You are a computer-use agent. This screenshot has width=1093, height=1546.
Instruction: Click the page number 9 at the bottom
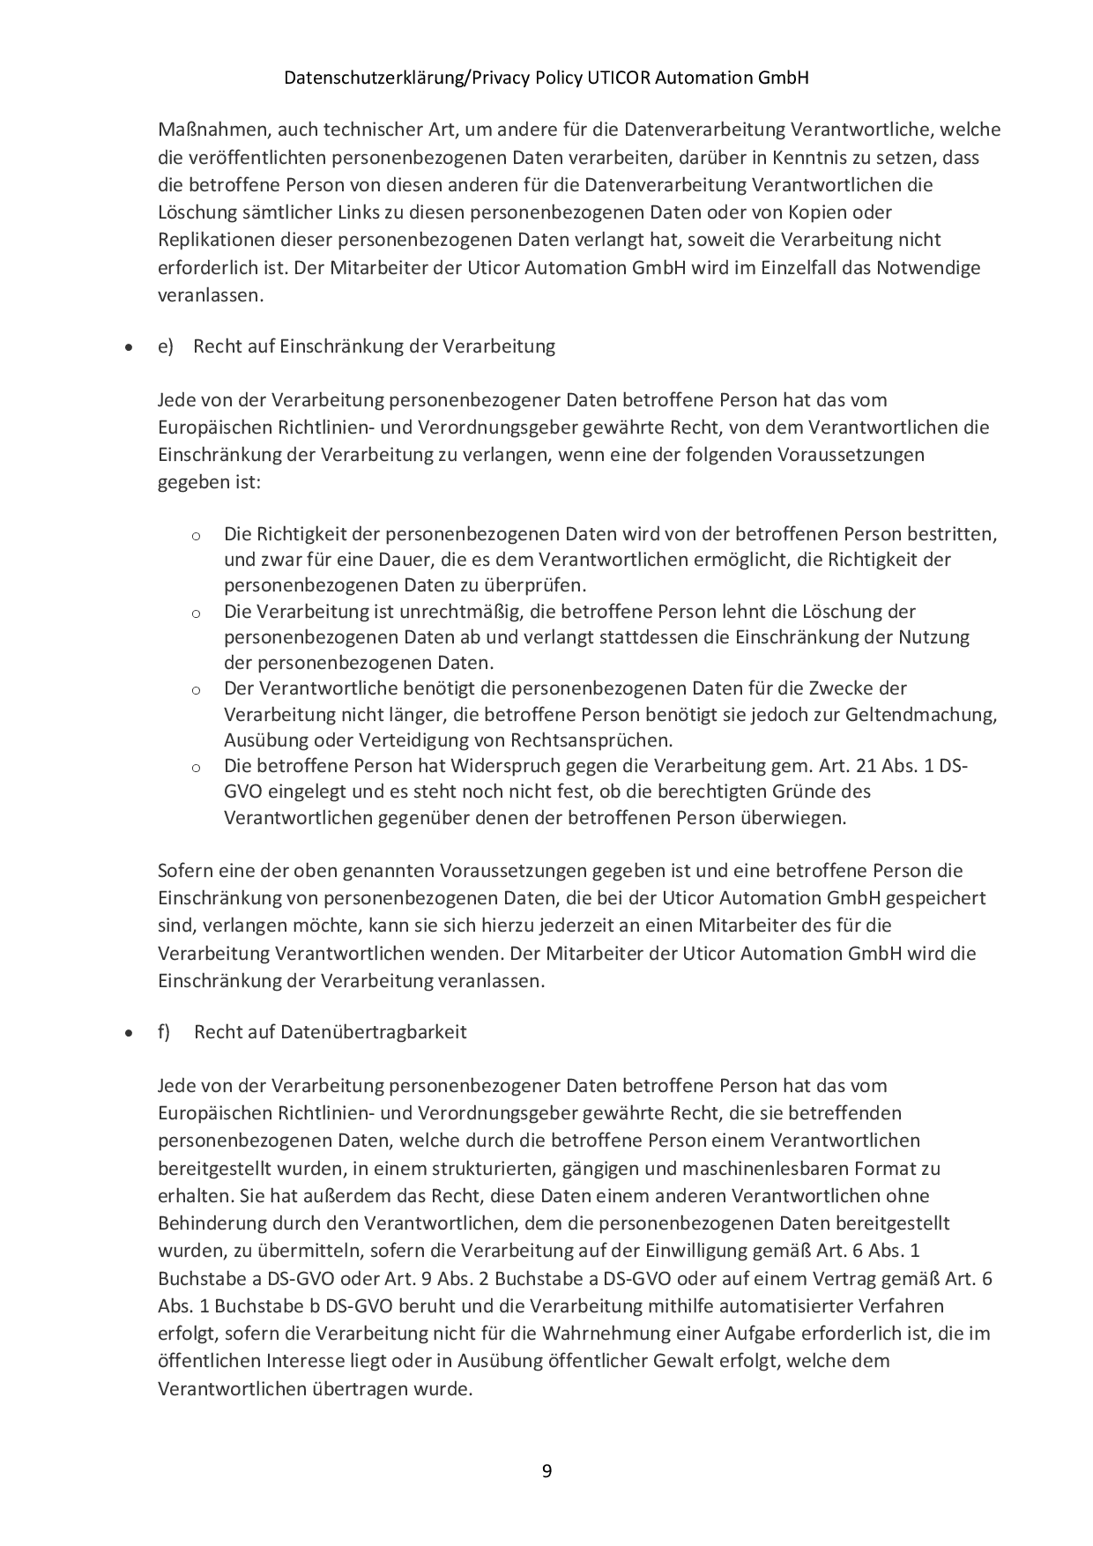point(546,1470)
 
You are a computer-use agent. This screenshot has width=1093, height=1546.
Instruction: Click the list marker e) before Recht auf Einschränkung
point(166,346)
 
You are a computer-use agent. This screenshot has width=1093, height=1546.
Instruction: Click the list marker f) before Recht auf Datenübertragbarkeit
point(165,1031)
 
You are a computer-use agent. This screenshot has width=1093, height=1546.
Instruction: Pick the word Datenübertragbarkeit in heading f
point(373,1031)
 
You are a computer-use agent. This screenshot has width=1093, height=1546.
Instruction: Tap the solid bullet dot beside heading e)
point(130,348)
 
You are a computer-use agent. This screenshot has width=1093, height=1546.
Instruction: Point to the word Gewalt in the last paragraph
point(683,1360)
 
